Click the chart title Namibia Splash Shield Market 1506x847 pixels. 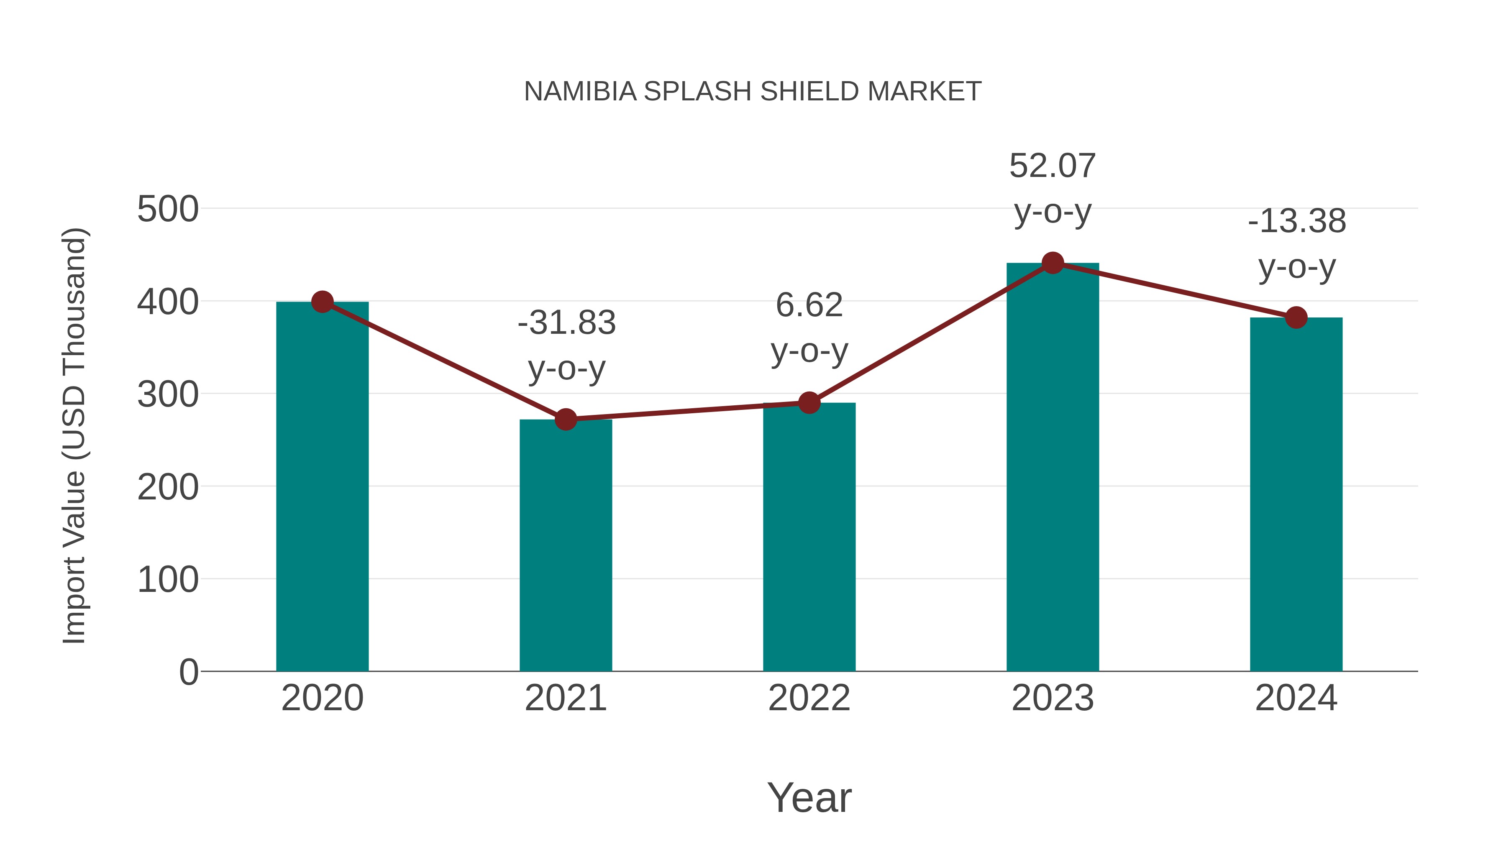[x=753, y=92]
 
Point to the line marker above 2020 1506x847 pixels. [x=322, y=302]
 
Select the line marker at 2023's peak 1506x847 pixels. [x=1053, y=263]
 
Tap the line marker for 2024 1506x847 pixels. [x=1296, y=317]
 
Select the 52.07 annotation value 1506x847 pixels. [x=1053, y=166]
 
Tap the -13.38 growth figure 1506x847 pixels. [x=1297, y=222]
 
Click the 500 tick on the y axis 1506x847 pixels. [x=168, y=209]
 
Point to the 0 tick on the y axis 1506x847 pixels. [x=188, y=672]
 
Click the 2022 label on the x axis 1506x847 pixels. [x=809, y=698]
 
